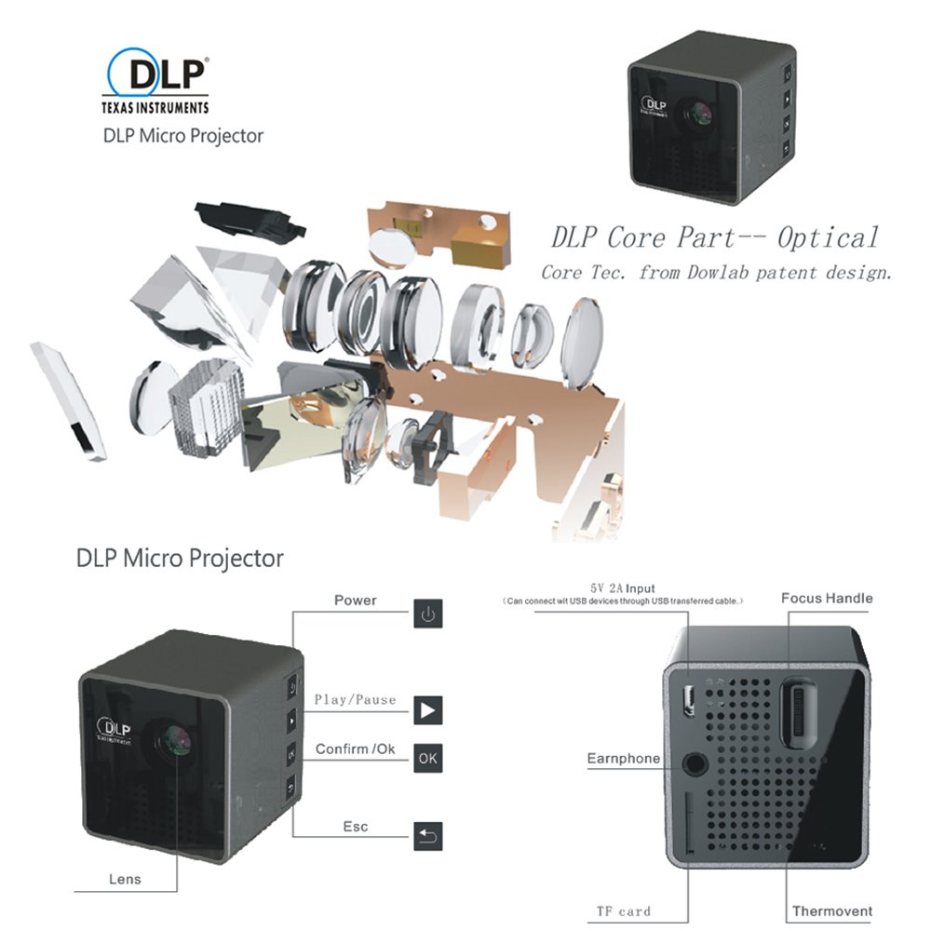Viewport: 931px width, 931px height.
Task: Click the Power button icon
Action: pyautogui.click(x=426, y=614)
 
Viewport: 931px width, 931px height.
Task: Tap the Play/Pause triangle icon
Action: pyautogui.click(x=426, y=710)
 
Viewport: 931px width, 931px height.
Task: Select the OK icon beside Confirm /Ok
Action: pyautogui.click(x=426, y=757)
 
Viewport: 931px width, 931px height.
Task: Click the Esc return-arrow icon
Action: pyautogui.click(x=426, y=835)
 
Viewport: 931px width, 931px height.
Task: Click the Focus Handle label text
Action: pyautogui.click(x=827, y=598)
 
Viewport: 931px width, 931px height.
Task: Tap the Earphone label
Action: pyautogui.click(x=623, y=759)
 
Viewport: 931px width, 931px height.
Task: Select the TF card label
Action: pyautogui.click(x=623, y=911)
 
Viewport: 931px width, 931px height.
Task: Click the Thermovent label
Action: pyautogui.click(x=831, y=911)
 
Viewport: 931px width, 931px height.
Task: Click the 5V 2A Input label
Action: pyautogui.click(x=622, y=588)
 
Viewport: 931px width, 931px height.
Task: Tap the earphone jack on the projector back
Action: pyautogui.click(x=694, y=761)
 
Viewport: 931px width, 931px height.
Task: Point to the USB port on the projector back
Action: pyautogui.click(x=690, y=700)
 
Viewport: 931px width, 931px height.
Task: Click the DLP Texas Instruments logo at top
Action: pyautogui.click(x=155, y=82)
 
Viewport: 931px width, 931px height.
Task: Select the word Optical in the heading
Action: pyautogui.click(x=828, y=237)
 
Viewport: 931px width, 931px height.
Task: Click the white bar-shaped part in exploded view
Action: pyautogui.click(x=68, y=401)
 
